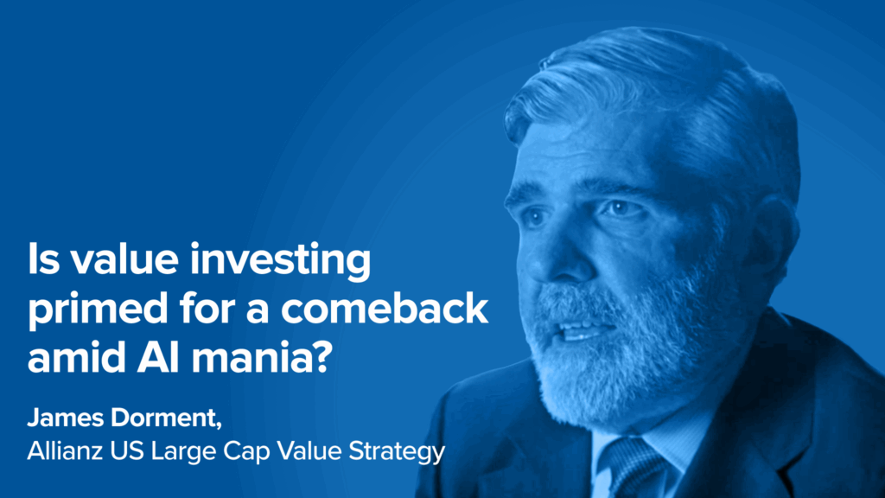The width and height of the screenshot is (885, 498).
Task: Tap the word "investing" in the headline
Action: coord(280,261)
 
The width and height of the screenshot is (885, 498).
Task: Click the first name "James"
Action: coord(66,418)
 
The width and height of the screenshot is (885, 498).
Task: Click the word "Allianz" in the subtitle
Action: coord(65,450)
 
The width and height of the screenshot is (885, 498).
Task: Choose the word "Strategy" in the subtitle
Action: coord(397,452)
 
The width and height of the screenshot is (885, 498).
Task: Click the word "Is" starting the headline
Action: coord(43,259)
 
